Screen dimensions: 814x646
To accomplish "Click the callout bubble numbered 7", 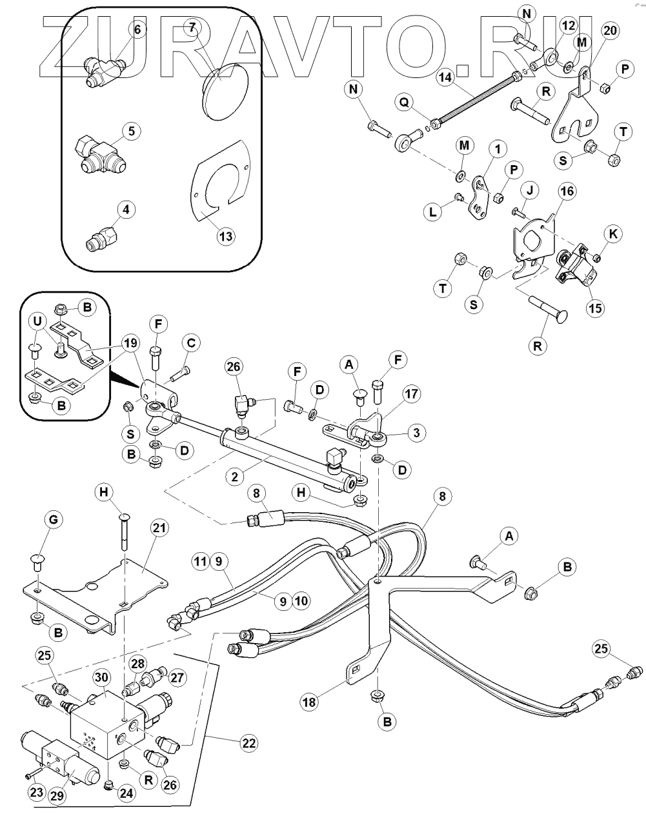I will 192,27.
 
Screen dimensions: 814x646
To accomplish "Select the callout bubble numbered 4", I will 126,210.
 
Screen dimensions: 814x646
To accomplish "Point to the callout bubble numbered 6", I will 137,29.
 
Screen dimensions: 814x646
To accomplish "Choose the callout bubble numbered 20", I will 609,31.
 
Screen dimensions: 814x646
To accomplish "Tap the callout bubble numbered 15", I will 595,308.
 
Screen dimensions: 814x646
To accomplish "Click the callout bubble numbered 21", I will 159,528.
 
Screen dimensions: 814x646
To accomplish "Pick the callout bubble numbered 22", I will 248,744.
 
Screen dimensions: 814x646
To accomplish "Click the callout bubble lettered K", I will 614,235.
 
